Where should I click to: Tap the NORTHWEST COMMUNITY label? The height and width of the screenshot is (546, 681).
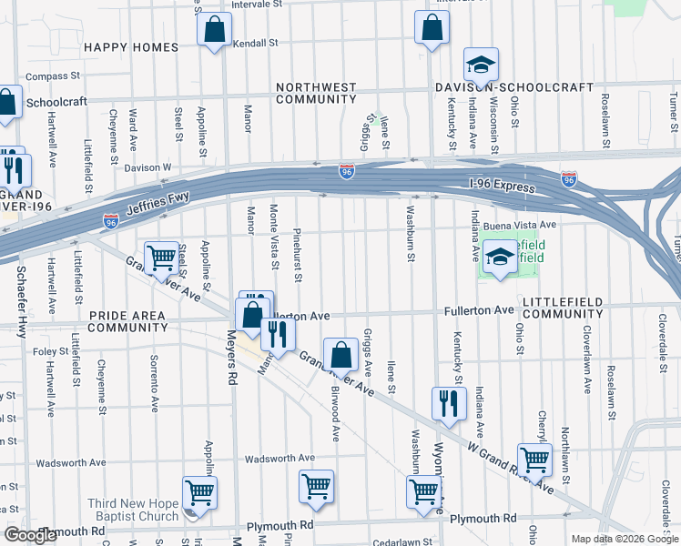[x=316, y=93]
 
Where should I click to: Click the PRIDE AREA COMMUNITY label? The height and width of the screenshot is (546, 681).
[x=127, y=321]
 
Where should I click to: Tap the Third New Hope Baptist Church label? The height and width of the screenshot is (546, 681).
[x=133, y=511]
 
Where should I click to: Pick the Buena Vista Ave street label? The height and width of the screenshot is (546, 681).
[x=520, y=225]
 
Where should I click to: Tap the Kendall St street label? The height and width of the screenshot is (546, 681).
[x=255, y=43]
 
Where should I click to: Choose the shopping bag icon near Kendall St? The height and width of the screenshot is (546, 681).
[x=214, y=31]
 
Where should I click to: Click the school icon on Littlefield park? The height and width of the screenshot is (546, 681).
[x=500, y=258]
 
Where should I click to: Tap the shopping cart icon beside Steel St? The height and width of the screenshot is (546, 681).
[x=162, y=258]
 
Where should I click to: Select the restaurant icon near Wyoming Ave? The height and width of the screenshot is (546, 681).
[x=448, y=403]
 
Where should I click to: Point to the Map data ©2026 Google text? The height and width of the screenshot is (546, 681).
[x=624, y=539]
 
